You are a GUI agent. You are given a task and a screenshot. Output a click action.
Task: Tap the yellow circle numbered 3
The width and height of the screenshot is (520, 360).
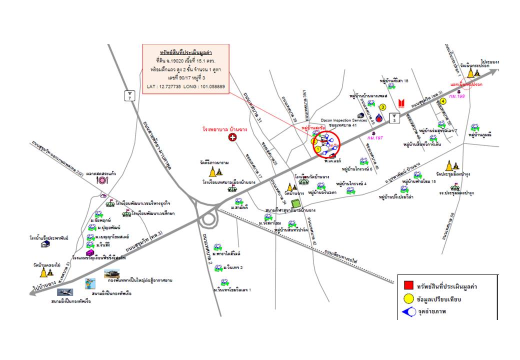[x=383, y=107]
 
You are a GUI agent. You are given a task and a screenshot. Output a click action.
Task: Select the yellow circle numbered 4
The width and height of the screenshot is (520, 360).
[x=443, y=101]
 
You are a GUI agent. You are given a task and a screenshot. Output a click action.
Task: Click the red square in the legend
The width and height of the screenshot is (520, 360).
[x=408, y=286]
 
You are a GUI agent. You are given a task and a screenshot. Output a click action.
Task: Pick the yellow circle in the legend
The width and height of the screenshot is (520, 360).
[x=408, y=300]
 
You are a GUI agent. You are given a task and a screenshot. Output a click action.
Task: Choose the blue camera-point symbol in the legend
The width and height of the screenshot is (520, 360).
[x=408, y=313]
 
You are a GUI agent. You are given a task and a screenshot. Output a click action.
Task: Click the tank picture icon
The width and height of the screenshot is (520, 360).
[x=111, y=273]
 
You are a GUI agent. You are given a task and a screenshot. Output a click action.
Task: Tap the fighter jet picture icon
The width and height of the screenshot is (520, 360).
[x=64, y=292]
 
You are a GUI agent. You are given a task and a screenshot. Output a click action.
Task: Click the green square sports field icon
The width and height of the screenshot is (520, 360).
[x=295, y=203]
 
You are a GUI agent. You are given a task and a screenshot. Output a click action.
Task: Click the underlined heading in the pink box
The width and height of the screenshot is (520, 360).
[x=185, y=52]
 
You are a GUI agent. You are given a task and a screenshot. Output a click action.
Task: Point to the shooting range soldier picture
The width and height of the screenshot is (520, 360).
[x=90, y=284]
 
